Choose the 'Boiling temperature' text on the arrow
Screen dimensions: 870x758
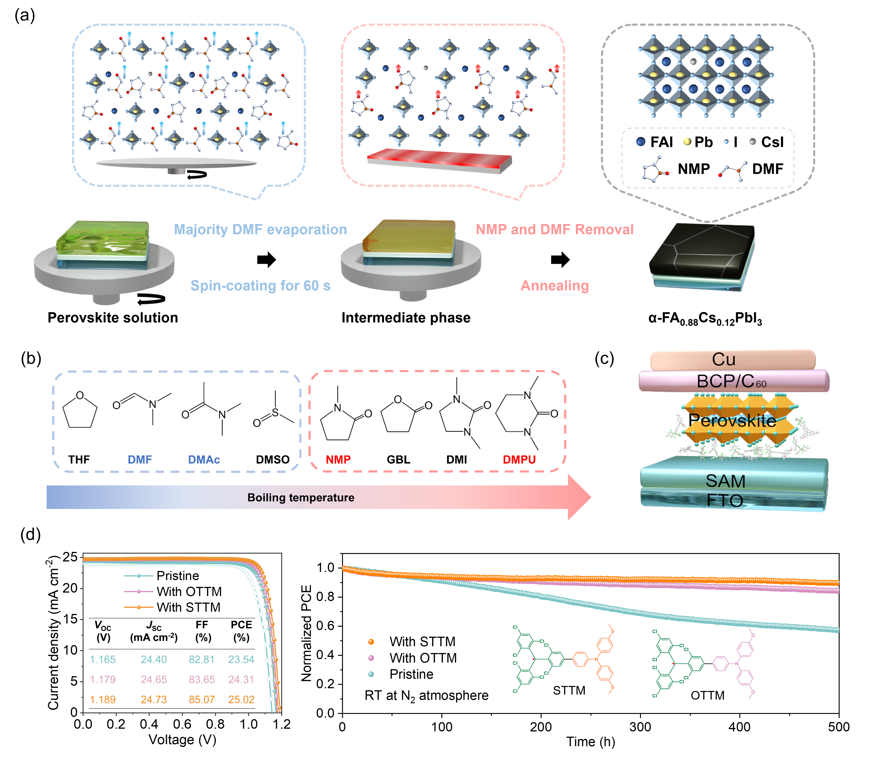coord(301,497)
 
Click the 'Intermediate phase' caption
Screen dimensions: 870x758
coord(406,318)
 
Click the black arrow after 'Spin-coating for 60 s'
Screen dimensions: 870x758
coord(267,259)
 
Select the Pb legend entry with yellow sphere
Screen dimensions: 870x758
coord(698,142)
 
